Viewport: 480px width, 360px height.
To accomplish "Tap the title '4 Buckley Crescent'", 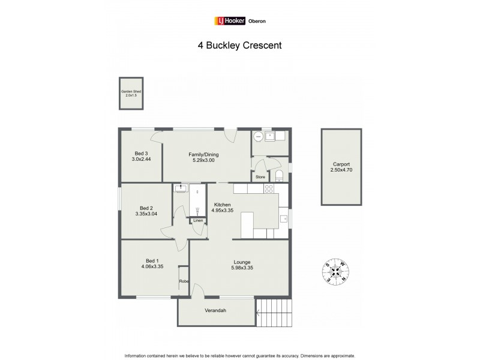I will coord(240,44).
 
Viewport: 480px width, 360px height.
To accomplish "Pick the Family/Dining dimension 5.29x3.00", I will coord(203,160).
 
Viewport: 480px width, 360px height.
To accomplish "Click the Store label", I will coord(260,177).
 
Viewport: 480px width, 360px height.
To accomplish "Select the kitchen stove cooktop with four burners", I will coord(269,188).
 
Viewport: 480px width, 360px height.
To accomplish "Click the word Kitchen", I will coord(223,204).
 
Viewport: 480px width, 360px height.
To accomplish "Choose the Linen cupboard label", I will coord(197,221).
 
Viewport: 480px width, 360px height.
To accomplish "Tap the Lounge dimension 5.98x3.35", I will coord(242,268).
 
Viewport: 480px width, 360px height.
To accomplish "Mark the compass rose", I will coord(336,271).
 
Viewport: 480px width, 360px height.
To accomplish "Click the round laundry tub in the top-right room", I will coord(258,137).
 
